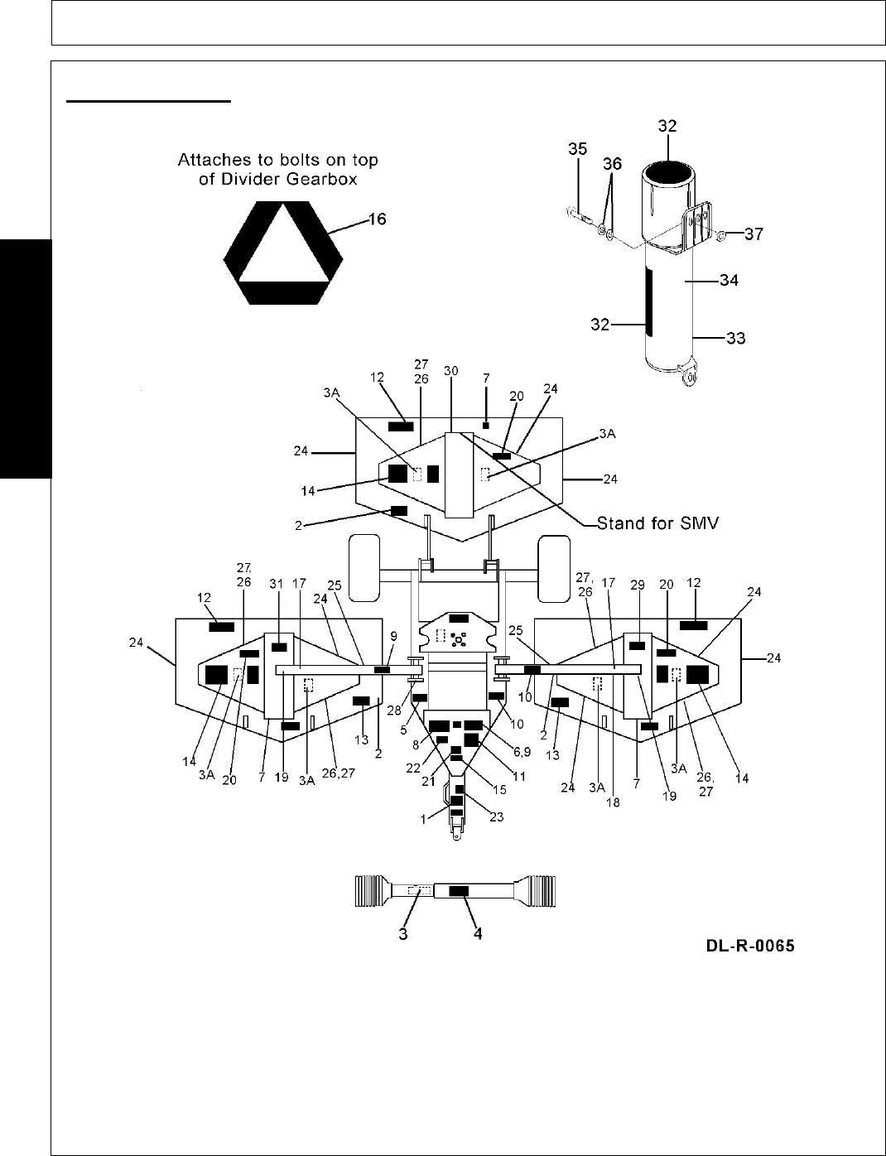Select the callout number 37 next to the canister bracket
pyautogui.click(x=754, y=234)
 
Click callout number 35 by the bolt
pyautogui.click(x=578, y=149)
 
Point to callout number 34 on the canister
pyautogui.click(x=729, y=281)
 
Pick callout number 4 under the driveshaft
pyautogui.click(x=477, y=933)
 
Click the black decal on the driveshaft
pyautogui.click(x=459, y=891)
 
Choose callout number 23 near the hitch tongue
pyautogui.click(x=496, y=816)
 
